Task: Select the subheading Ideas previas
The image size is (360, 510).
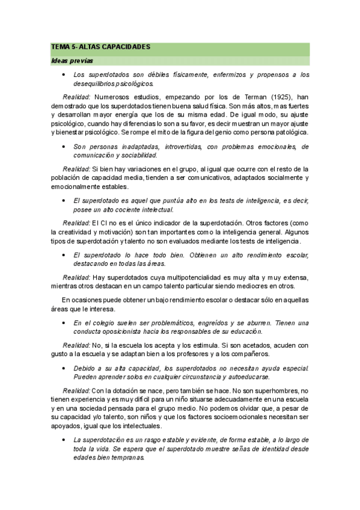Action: (68, 61)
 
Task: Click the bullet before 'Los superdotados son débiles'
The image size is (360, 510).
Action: (63, 75)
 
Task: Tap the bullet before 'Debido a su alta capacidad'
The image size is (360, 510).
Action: (63, 367)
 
